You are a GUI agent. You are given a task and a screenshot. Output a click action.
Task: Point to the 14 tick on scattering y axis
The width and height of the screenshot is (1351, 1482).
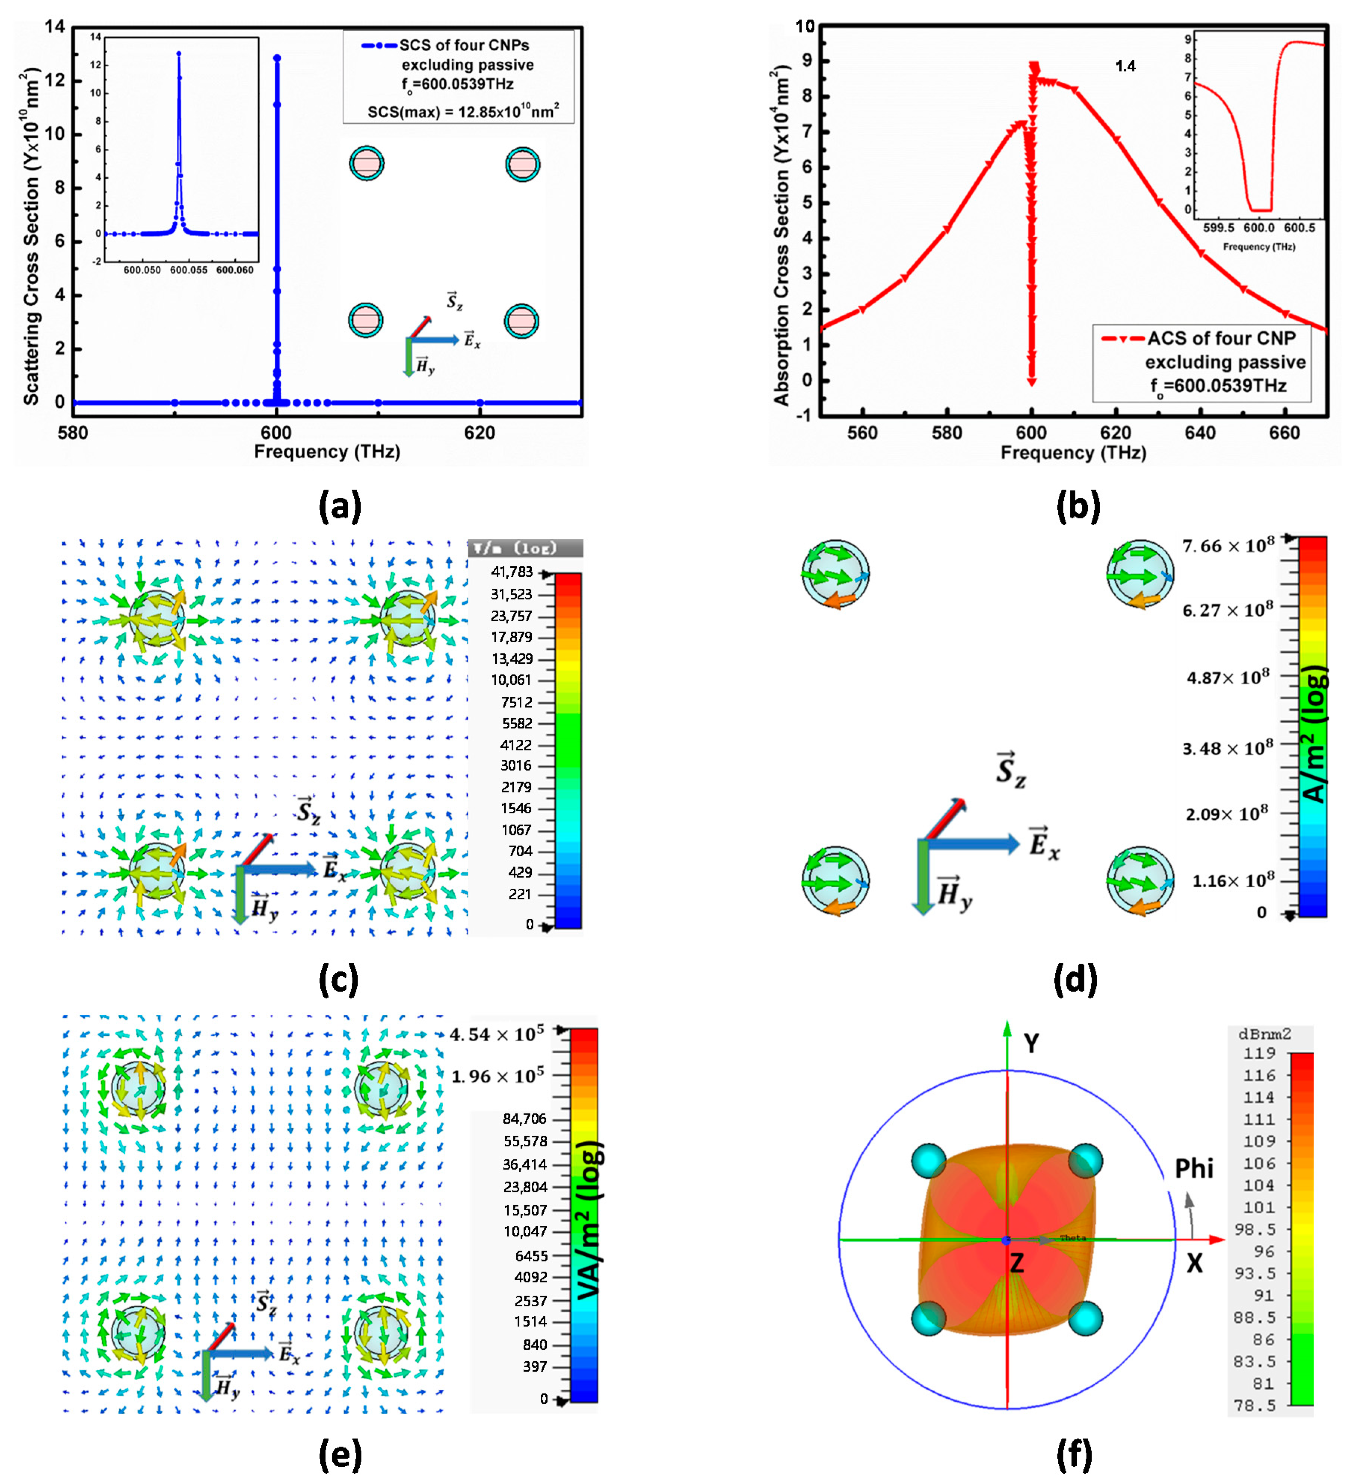pyautogui.click(x=55, y=27)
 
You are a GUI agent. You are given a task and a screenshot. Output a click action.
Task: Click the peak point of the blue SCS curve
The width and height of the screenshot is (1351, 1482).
pyautogui.click(x=277, y=57)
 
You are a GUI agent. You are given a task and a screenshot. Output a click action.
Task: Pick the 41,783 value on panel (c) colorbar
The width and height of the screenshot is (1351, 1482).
pyautogui.click(x=512, y=572)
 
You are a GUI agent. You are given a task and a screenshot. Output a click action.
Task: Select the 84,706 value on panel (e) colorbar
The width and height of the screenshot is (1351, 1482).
pyautogui.click(x=524, y=1119)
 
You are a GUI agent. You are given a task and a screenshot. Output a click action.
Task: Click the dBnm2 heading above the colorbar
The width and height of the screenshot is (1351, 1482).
pyautogui.click(x=1264, y=1035)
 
